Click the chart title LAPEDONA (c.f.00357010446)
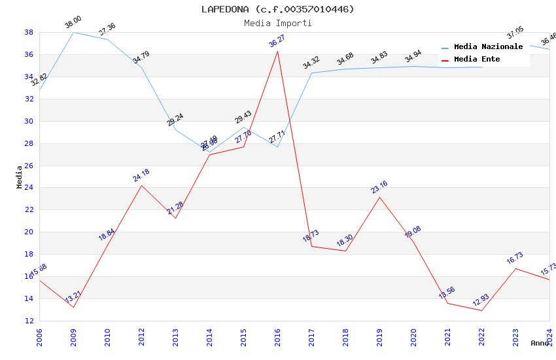point(278,9)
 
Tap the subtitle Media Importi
point(278,23)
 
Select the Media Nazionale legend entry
point(488,47)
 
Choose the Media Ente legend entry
point(477,60)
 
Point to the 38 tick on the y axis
point(29,32)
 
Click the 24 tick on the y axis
point(29,188)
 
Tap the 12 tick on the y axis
point(29,321)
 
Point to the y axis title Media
point(20,177)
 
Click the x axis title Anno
point(540,343)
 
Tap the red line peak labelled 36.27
point(278,51)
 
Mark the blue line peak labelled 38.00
point(74,32)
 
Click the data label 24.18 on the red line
point(141,175)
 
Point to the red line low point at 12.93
point(482,310)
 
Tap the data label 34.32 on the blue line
point(311,63)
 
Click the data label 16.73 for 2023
point(515,259)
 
